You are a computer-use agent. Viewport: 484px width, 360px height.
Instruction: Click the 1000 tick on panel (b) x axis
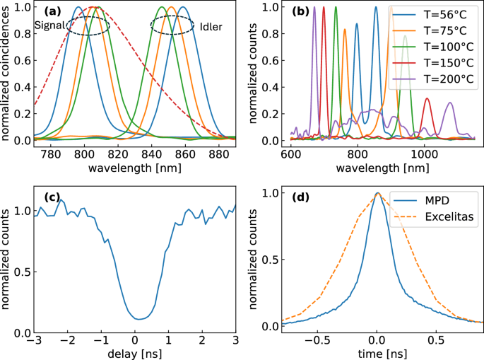click(x=424, y=155)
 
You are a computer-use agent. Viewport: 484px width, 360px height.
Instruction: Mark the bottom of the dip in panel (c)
click(x=139, y=319)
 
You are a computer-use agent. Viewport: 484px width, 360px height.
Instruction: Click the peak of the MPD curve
click(x=378, y=193)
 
